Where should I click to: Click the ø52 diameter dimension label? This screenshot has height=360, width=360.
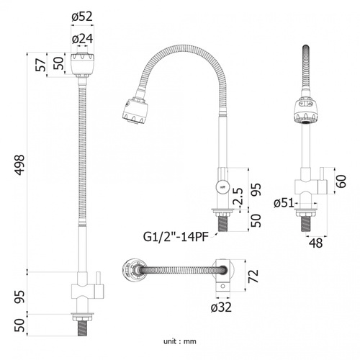coord(82,17)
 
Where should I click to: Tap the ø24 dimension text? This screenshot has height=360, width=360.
coord(82,38)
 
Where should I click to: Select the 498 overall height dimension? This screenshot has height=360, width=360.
coord(19,165)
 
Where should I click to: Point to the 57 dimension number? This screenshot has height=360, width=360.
coord(41,64)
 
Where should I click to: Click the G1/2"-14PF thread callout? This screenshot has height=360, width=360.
coord(176,237)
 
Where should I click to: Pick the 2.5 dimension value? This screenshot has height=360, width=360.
coord(238,196)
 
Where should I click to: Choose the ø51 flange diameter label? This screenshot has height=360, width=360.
coord(284,203)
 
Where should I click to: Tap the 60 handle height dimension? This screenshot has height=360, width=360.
coord(341,181)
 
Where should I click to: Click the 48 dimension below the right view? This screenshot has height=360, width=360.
coord(316,243)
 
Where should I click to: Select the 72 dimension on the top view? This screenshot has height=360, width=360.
coord(253,276)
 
